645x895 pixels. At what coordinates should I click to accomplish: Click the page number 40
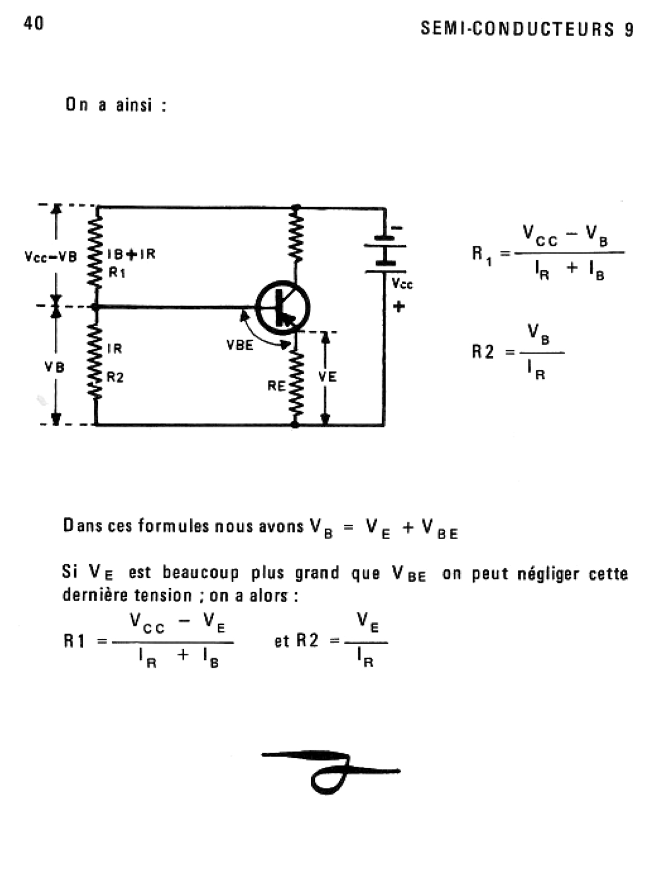pyautogui.click(x=33, y=24)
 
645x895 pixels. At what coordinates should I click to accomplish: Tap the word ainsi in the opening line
pyautogui.click(x=134, y=105)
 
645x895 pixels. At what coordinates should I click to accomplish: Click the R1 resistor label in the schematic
pyautogui.click(x=117, y=272)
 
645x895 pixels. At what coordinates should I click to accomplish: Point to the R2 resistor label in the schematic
pyautogui.click(x=116, y=377)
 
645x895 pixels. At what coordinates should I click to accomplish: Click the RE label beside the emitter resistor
pyautogui.click(x=276, y=386)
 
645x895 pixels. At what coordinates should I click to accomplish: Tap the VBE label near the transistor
pyautogui.click(x=240, y=345)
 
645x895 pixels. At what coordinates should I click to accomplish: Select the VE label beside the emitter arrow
pyautogui.click(x=327, y=377)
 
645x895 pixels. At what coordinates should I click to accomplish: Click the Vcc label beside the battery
pyautogui.click(x=402, y=284)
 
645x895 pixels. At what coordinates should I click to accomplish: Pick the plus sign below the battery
pyautogui.click(x=399, y=307)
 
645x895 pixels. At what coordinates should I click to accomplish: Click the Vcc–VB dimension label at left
pyautogui.click(x=51, y=257)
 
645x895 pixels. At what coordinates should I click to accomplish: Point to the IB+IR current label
pyautogui.click(x=131, y=254)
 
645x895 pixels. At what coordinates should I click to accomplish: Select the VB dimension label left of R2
pyautogui.click(x=54, y=368)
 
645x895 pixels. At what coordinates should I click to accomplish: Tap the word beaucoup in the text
pyautogui.click(x=200, y=573)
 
